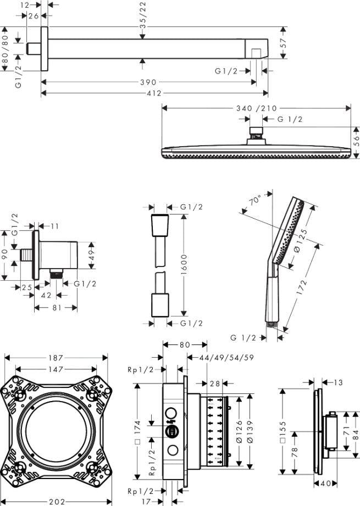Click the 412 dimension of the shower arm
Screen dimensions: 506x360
154,93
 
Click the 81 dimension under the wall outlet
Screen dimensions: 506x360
56,308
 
